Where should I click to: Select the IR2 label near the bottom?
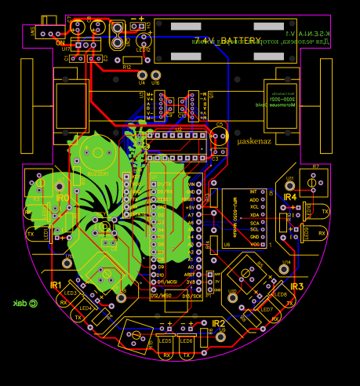coord(218,322)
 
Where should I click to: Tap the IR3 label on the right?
coord(296,287)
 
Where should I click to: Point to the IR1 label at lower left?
coord(56,285)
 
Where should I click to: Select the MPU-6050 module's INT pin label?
coord(253,191)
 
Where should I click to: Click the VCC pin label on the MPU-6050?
coord(253,244)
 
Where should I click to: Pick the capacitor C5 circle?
coord(219,138)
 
